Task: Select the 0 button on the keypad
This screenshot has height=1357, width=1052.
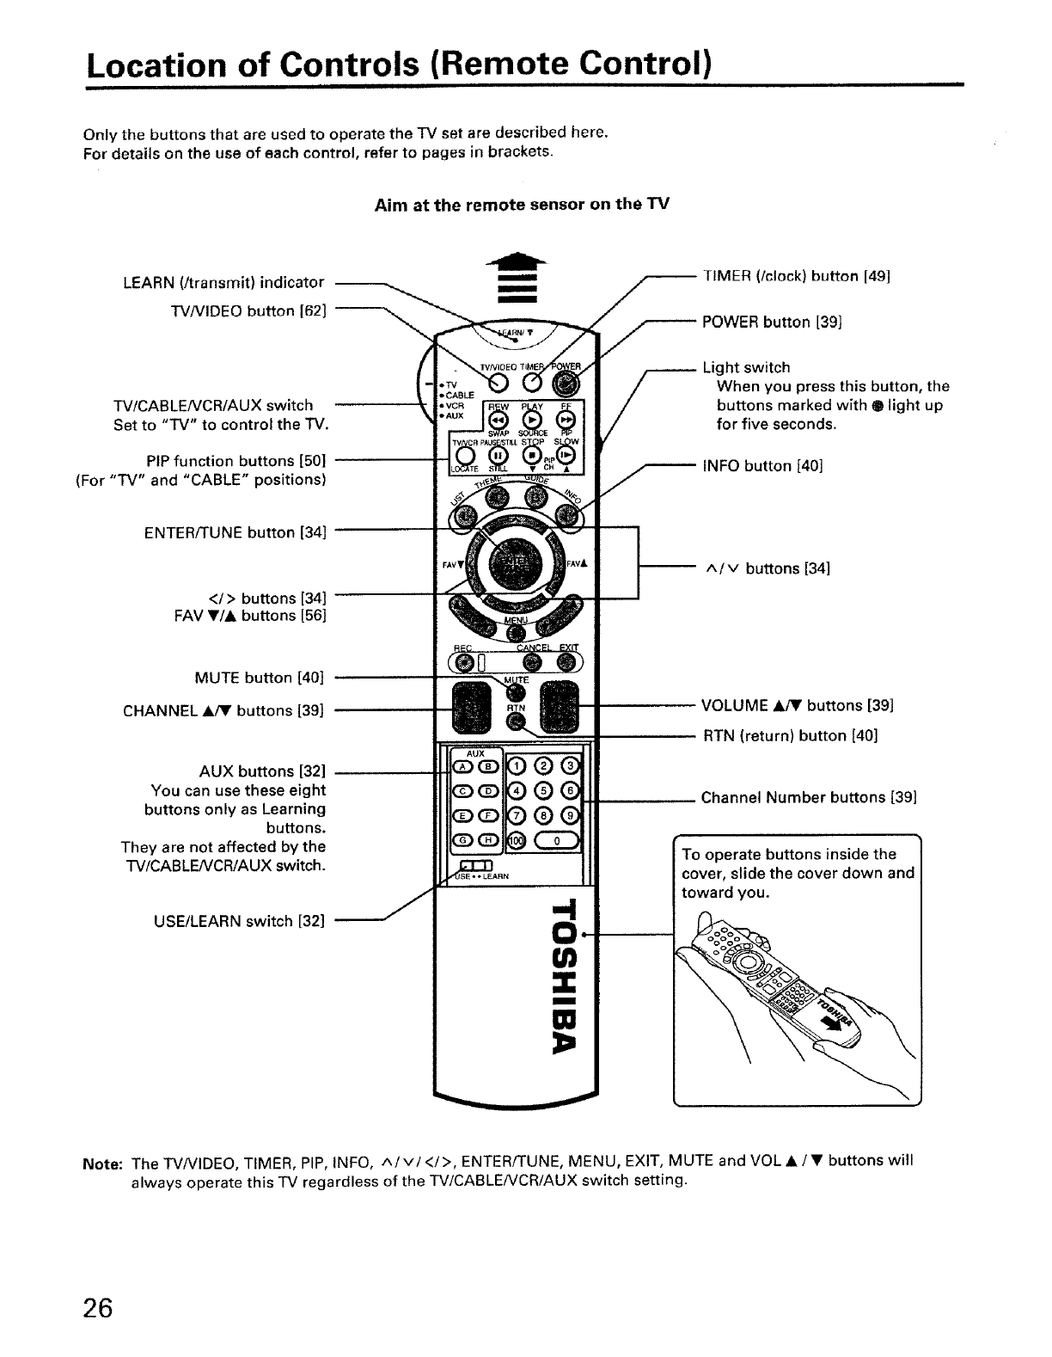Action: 556,839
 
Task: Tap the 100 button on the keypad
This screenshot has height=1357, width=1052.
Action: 516,839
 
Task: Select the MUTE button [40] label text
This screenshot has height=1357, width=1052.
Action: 259,678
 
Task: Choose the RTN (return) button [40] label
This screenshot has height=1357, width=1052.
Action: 790,736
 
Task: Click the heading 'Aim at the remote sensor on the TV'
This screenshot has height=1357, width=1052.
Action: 522,205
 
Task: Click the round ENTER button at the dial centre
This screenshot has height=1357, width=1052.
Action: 514,563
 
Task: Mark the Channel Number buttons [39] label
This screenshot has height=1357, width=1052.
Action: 809,797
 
